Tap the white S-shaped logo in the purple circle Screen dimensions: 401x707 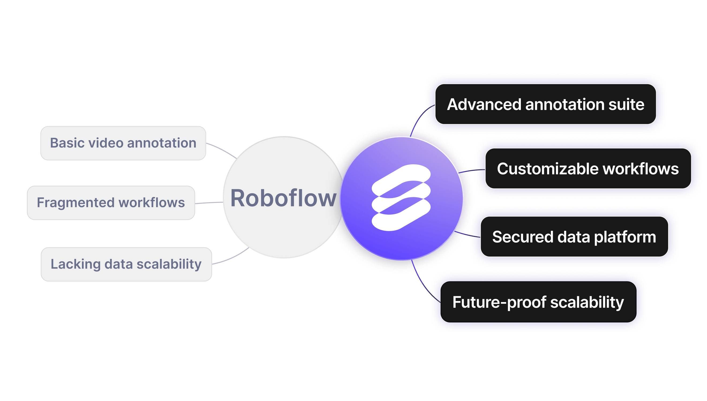(x=401, y=198)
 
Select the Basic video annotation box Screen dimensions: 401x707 (x=123, y=143)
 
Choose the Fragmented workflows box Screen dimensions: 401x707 (x=111, y=203)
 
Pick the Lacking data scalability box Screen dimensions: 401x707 (x=126, y=264)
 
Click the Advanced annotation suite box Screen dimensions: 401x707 (x=546, y=104)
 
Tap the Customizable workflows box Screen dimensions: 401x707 (x=588, y=169)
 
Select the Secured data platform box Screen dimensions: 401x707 (x=574, y=237)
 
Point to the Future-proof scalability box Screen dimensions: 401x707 (x=538, y=302)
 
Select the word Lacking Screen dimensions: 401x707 (x=75, y=264)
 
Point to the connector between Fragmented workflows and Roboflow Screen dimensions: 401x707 (x=209, y=203)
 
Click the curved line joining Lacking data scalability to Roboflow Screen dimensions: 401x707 (x=231, y=258)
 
